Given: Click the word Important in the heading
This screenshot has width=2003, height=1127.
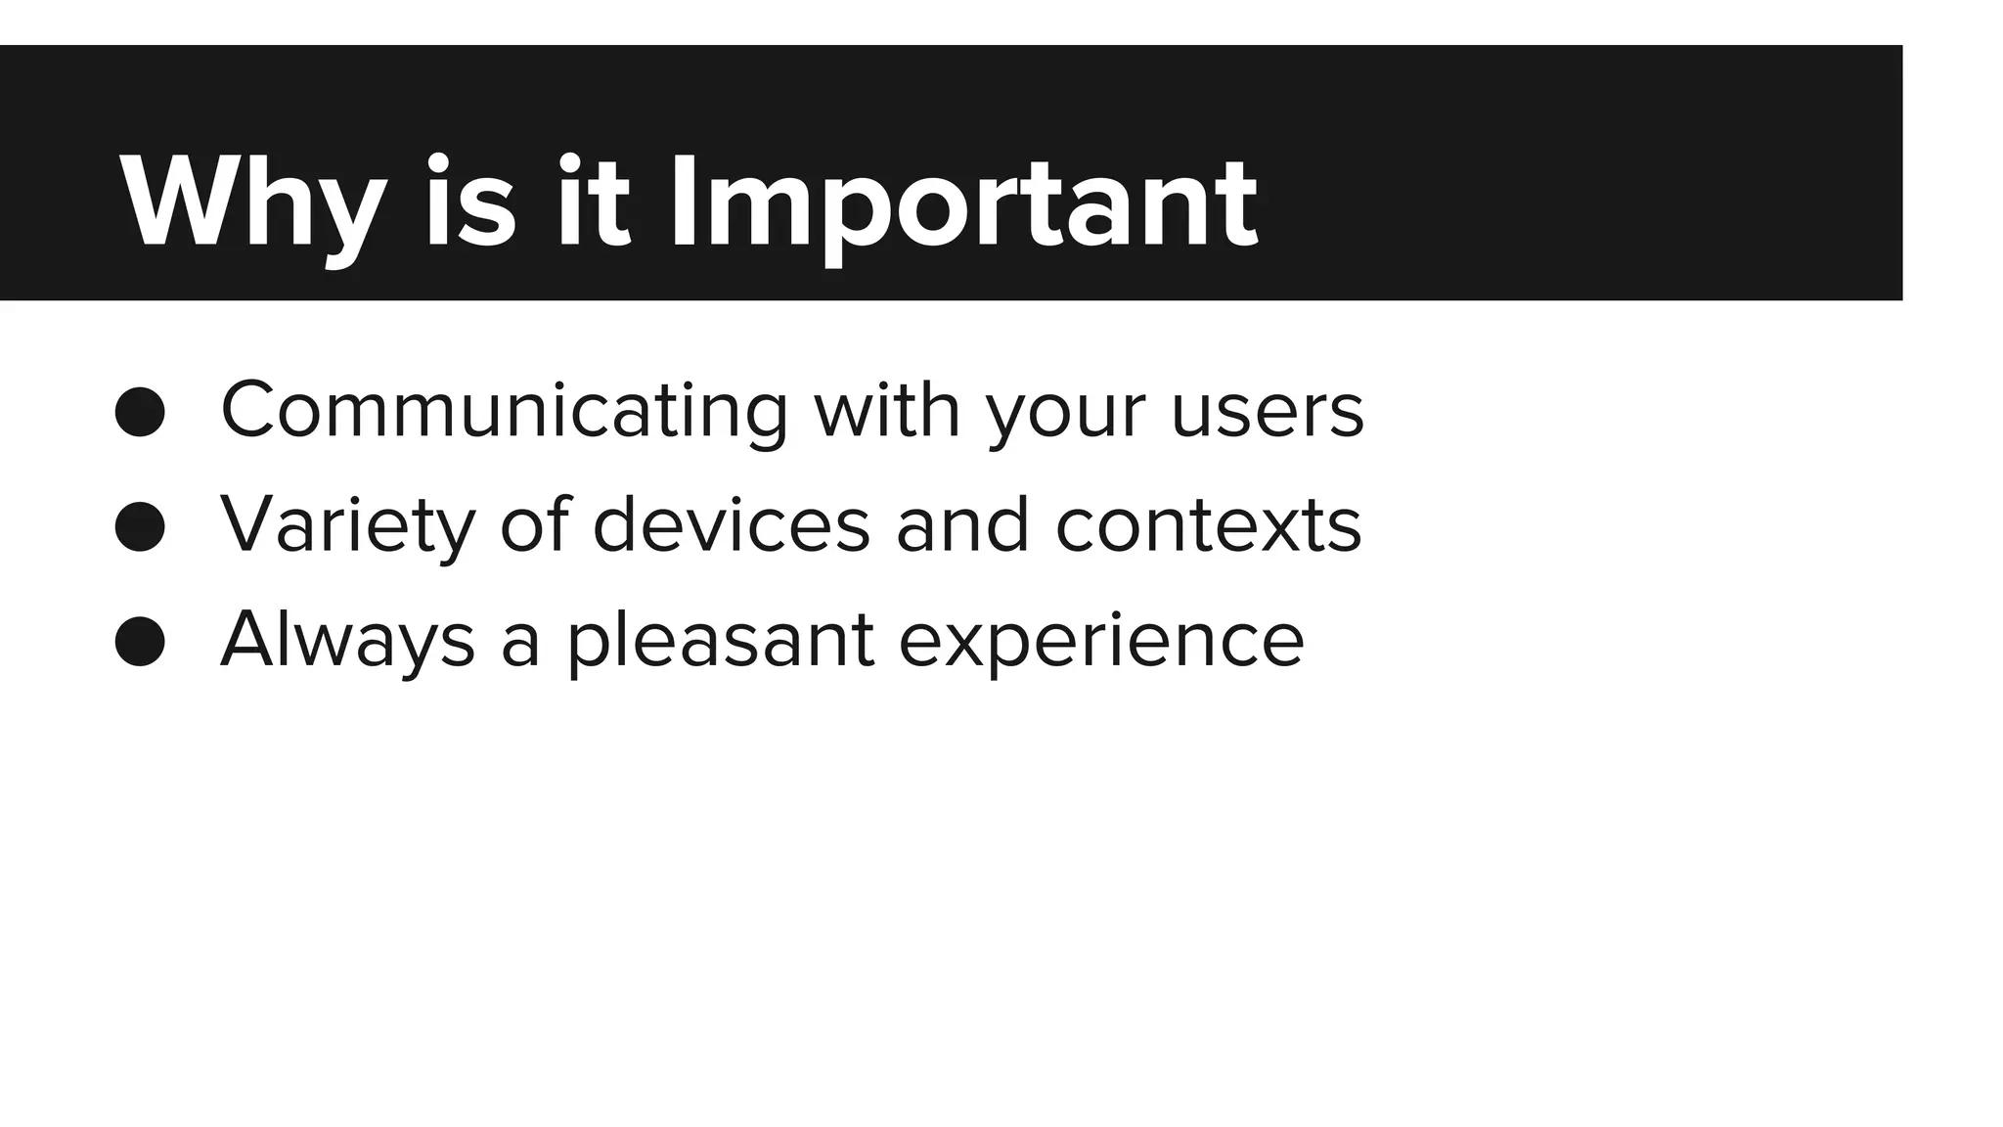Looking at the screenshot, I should [x=963, y=205].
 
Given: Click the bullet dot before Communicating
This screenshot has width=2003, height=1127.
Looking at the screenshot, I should [x=140, y=411].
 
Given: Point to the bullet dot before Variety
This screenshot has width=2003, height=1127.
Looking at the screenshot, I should [x=140, y=526].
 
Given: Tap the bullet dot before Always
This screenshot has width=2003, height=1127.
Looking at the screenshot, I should [x=140, y=642].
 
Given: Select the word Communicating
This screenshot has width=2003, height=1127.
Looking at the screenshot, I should [x=504, y=411].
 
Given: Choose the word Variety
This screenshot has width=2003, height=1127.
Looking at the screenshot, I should [x=347, y=526].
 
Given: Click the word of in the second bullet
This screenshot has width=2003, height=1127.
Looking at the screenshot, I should [x=534, y=524].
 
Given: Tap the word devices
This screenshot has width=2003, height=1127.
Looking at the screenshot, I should [x=731, y=524].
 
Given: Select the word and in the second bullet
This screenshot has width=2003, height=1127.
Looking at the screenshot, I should [x=962, y=524].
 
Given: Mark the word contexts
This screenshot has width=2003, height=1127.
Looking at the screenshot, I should [x=1208, y=526].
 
